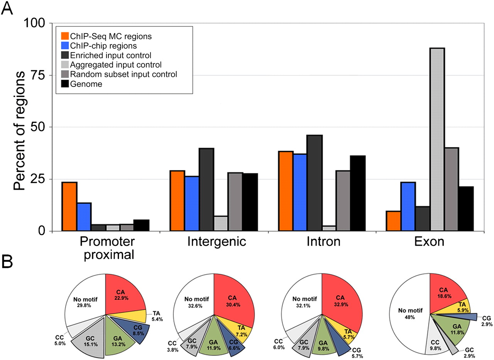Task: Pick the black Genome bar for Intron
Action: [x=358, y=193]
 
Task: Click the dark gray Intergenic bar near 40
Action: [x=206, y=190]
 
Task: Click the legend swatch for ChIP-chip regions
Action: [x=65, y=46]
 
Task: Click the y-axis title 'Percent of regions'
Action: [x=20, y=127]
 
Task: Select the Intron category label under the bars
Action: [x=323, y=242]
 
